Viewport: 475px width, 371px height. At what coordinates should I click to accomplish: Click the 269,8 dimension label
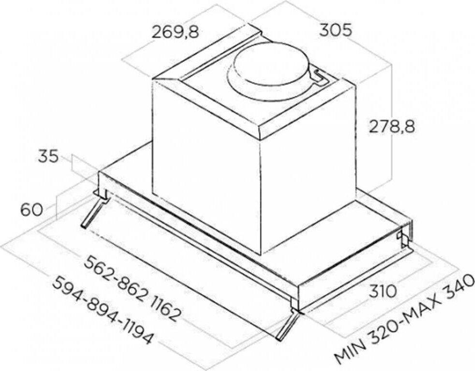point(175,32)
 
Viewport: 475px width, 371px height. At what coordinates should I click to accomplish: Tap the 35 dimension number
point(48,157)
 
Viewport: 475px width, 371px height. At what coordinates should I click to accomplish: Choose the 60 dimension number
point(31,209)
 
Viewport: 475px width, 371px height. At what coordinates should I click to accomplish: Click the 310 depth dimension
point(383,291)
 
